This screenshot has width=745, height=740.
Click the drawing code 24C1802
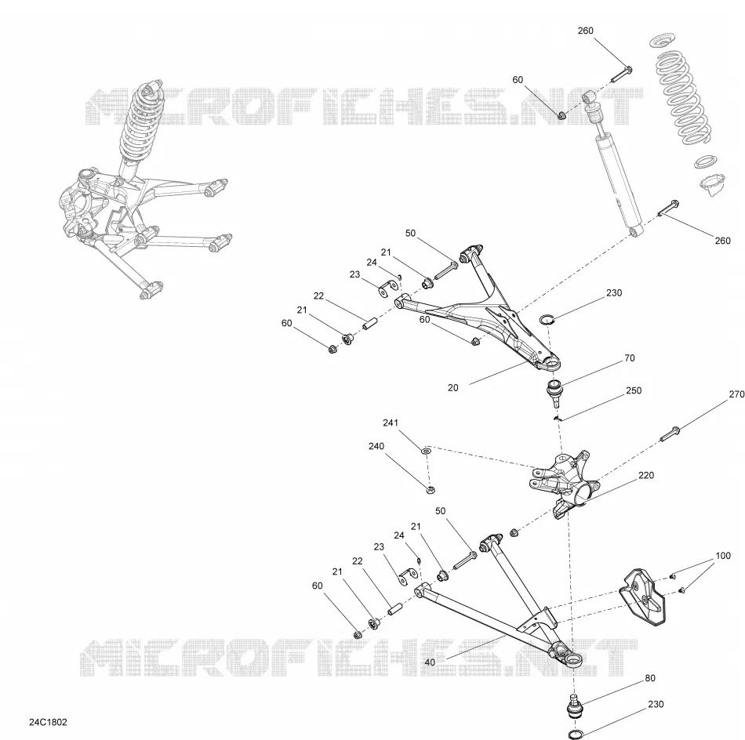click(48, 722)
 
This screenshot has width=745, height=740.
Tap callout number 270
click(736, 394)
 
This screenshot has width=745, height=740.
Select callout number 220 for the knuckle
click(646, 475)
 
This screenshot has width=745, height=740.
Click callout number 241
click(391, 423)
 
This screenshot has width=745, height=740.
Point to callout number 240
click(376, 446)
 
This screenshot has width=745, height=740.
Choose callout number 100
click(723, 556)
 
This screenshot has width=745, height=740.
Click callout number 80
click(650, 678)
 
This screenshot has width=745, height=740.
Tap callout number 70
click(630, 358)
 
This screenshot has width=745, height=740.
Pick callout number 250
click(634, 390)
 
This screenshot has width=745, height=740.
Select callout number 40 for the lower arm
click(430, 662)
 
